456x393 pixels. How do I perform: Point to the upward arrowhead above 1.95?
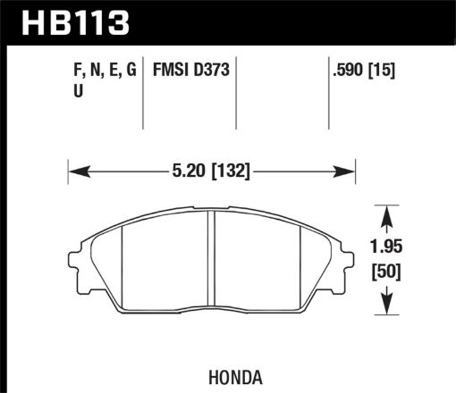386,213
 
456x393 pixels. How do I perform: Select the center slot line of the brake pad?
212,267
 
